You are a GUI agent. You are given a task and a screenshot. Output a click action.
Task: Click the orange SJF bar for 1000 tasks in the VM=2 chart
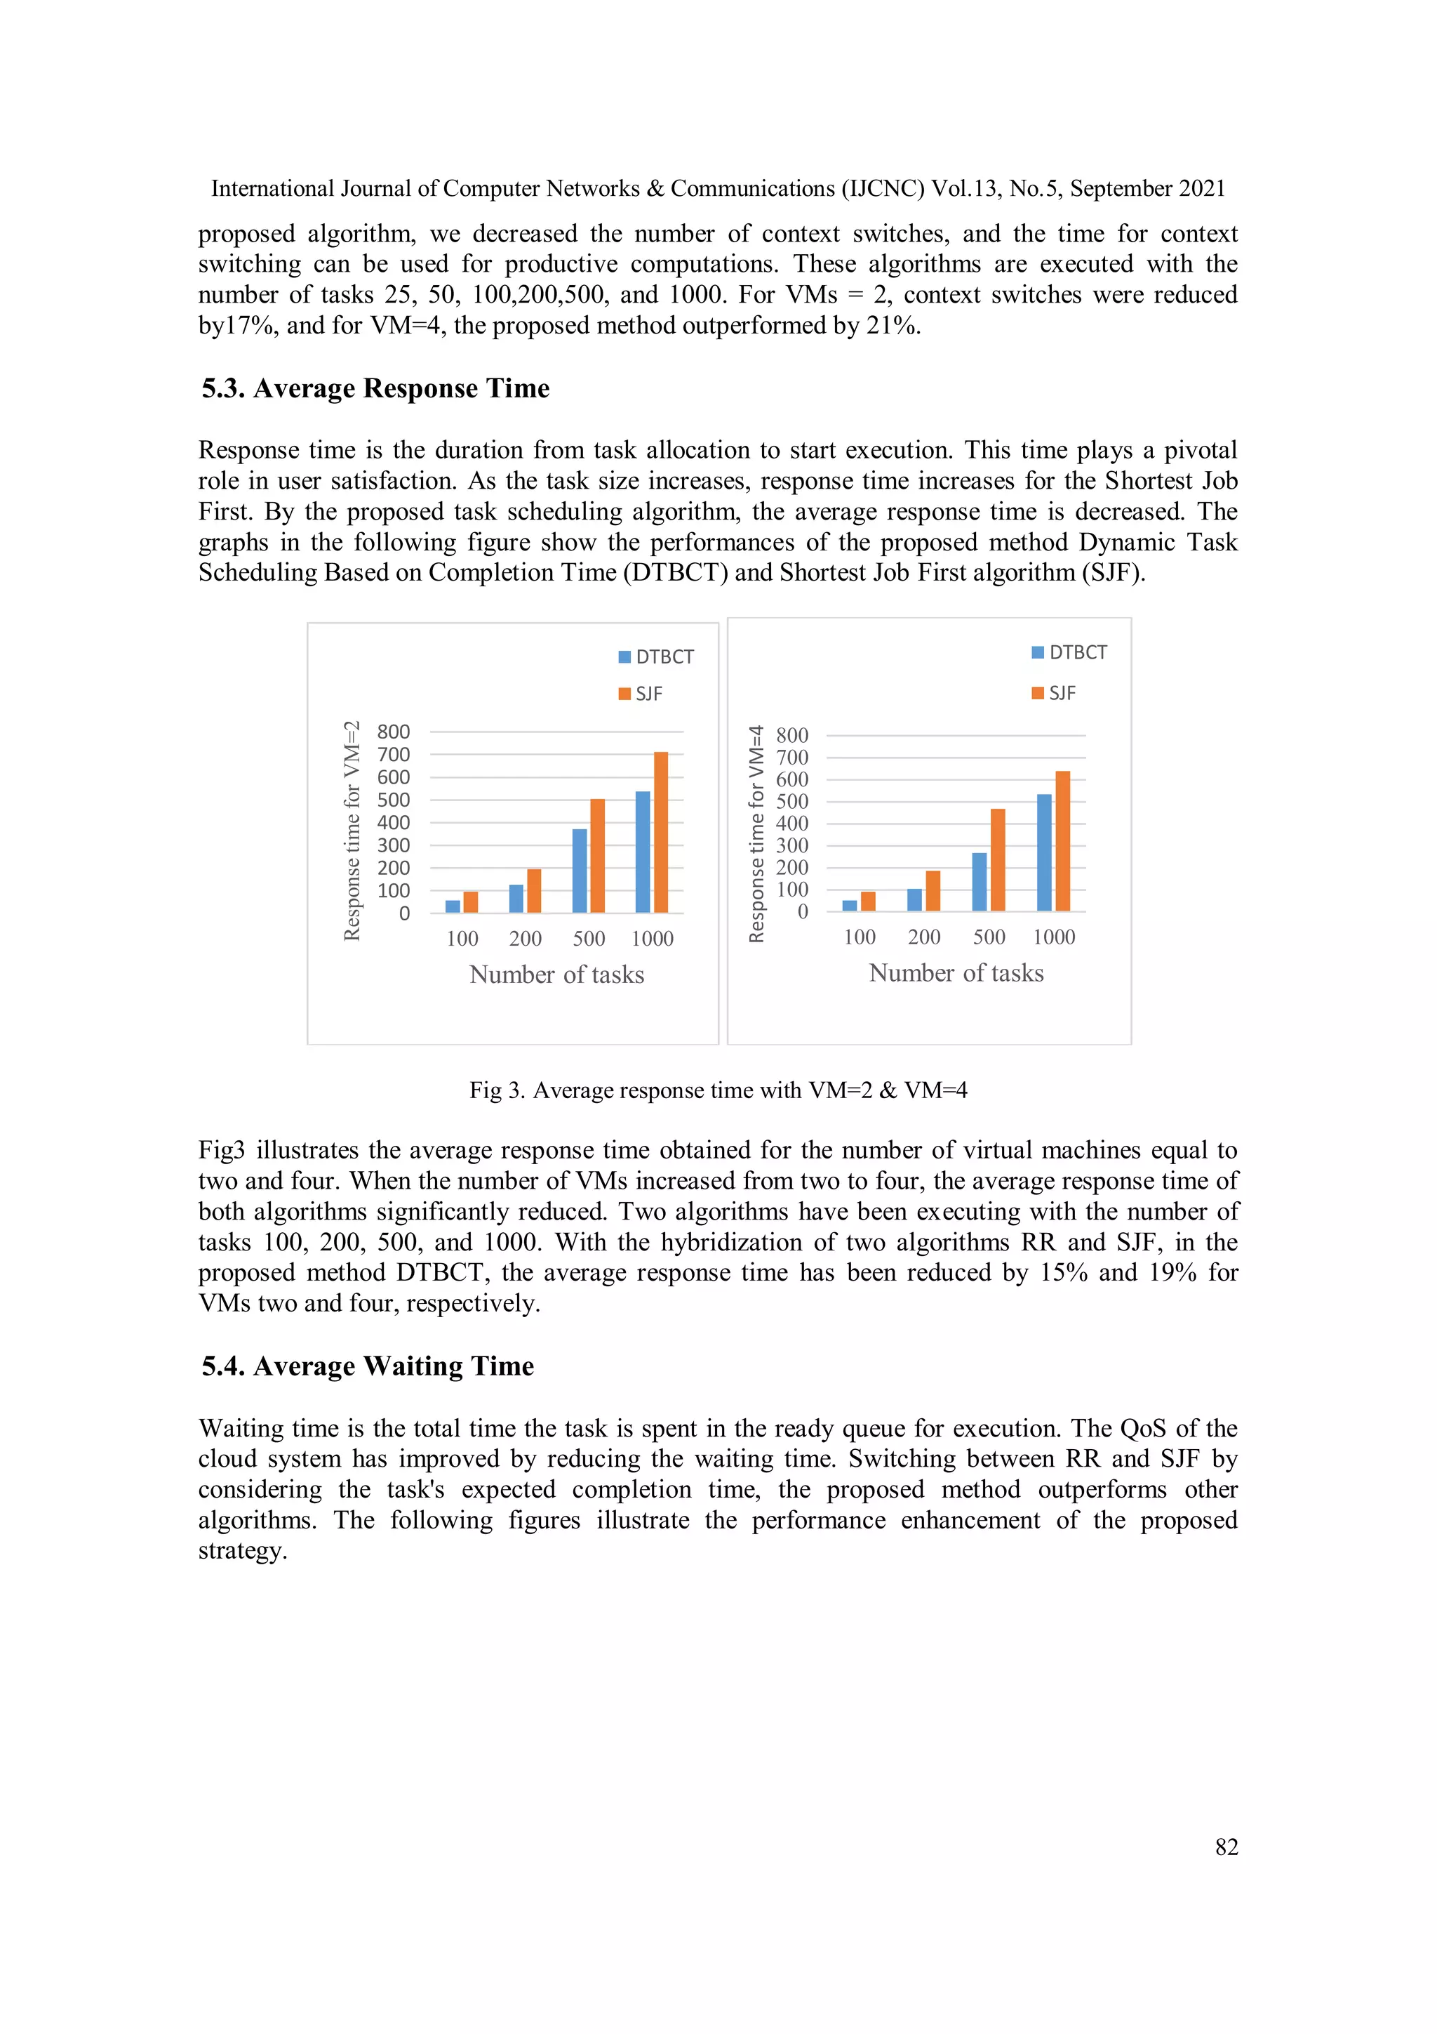660,832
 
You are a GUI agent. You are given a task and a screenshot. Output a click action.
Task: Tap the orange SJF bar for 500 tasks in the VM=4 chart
998,860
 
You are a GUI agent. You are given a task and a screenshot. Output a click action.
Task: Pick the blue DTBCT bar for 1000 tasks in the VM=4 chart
1044,852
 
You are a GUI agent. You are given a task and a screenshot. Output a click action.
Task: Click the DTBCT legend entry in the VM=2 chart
656,656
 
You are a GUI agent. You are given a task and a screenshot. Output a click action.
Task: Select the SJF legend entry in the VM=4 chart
1054,693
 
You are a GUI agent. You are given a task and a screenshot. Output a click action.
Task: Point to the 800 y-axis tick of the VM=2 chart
393,732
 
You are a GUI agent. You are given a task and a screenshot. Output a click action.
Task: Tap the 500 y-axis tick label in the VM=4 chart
791,802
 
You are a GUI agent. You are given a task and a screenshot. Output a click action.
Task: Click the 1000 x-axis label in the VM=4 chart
1054,937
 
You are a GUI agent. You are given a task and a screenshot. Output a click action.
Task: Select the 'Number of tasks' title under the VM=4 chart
956,972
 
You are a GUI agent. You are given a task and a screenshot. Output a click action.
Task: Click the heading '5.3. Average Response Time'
375,388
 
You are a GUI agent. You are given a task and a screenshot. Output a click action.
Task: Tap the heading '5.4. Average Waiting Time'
368,1366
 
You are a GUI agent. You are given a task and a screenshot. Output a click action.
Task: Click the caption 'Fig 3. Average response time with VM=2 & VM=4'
718,1090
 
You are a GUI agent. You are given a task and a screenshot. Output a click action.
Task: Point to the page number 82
1227,1847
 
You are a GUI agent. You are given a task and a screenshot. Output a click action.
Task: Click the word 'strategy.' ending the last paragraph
243,1551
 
